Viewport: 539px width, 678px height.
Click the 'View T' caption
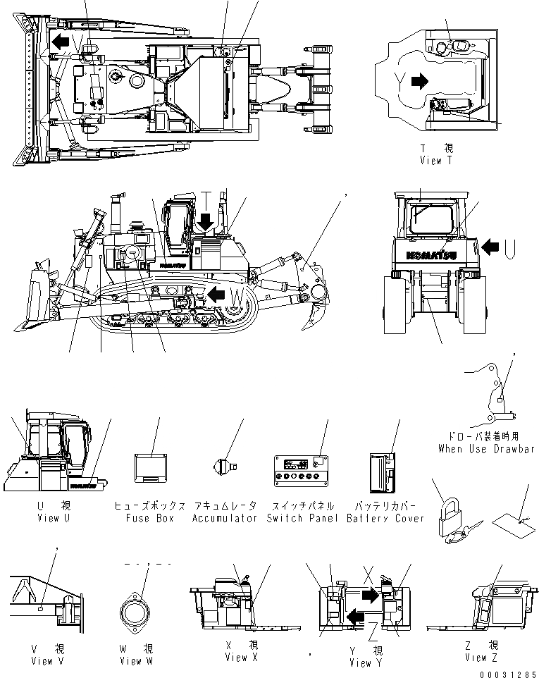[x=440, y=160]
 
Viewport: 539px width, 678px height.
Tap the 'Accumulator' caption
[x=224, y=518]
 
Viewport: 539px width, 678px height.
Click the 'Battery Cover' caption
[x=385, y=518]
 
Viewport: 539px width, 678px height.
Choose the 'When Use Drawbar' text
[x=485, y=448]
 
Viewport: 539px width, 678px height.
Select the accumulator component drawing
[x=224, y=466]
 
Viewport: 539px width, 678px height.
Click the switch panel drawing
[x=302, y=469]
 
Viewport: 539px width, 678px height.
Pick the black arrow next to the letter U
[x=492, y=246]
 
